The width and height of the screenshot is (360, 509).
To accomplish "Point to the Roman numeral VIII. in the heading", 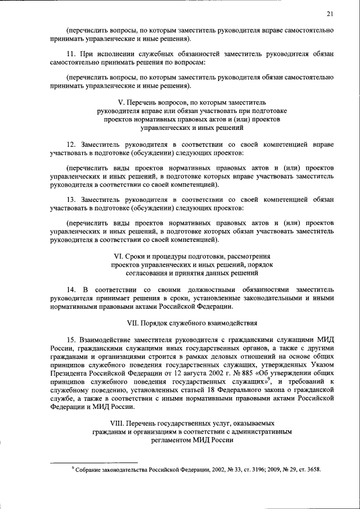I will (116, 422).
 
